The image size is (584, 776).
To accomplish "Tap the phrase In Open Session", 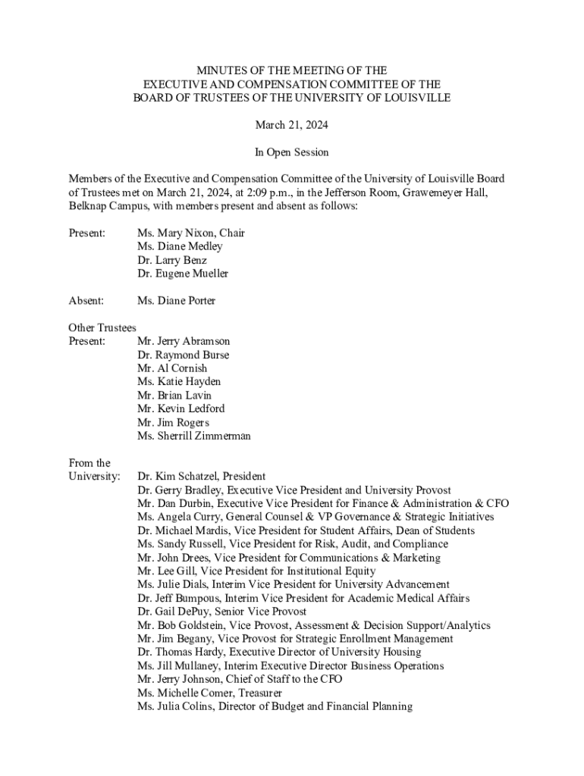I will click(x=292, y=152).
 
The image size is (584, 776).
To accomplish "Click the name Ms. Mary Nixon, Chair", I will click(x=190, y=233).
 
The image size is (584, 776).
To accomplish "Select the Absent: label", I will click(x=86, y=301).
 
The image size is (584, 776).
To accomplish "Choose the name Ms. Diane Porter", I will click(x=176, y=301).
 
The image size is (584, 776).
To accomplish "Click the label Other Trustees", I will click(x=102, y=328).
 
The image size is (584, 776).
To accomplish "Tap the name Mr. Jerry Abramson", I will click(x=184, y=342).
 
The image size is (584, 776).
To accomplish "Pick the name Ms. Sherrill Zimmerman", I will click(x=193, y=436).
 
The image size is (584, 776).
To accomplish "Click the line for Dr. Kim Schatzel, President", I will click(x=201, y=477).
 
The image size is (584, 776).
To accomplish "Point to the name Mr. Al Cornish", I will click(x=172, y=369).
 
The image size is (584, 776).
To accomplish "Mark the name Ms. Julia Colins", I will click(x=175, y=707).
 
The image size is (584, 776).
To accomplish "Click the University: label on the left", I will click(x=94, y=477).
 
